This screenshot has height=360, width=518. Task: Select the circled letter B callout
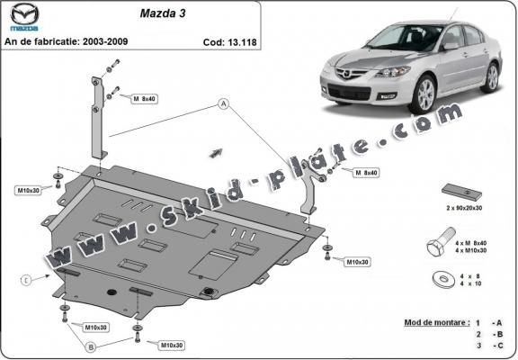(x=92, y=345)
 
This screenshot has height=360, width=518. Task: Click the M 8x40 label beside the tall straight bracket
(x=146, y=98)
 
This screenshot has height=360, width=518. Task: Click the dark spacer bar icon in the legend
(x=457, y=193)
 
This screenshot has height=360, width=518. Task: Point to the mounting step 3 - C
(x=491, y=346)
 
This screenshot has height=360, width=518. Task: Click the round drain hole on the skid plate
(x=210, y=292)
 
